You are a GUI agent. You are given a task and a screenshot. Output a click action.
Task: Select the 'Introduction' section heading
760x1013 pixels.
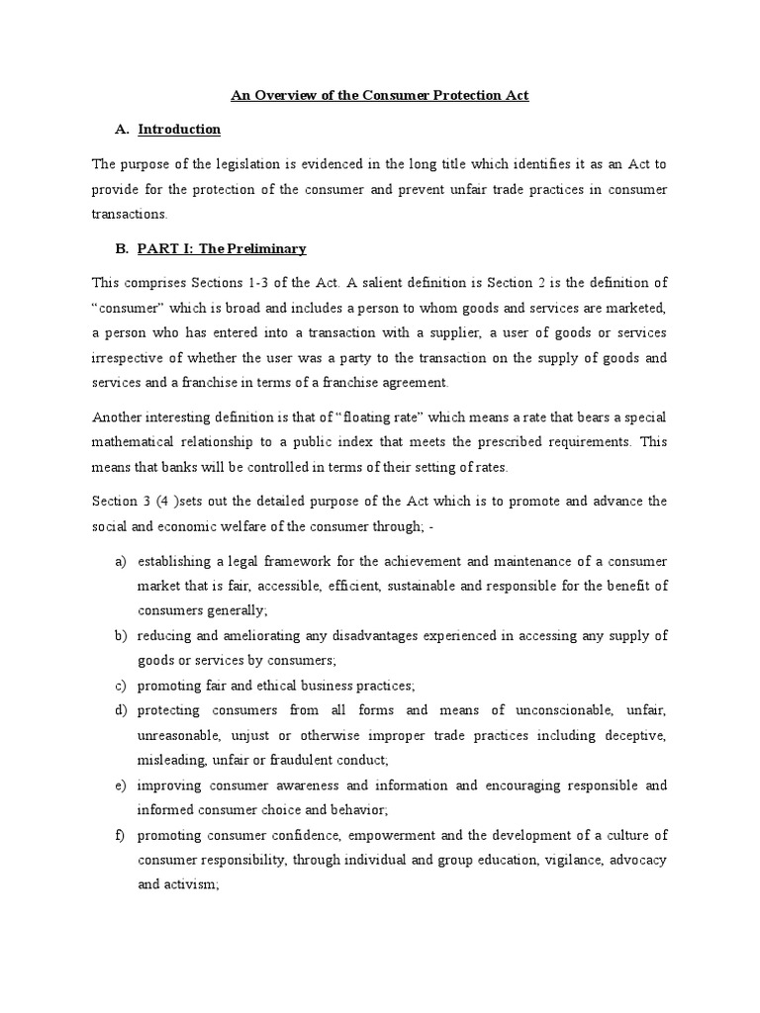pyautogui.click(x=179, y=130)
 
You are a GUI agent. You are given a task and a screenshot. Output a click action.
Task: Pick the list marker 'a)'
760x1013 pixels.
pyautogui.click(x=121, y=561)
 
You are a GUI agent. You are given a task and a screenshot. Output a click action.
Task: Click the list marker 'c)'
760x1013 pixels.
pyautogui.click(x=121, y=686)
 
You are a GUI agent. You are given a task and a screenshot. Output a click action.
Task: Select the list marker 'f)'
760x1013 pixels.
pyautogui.click(x=121, y=834)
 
